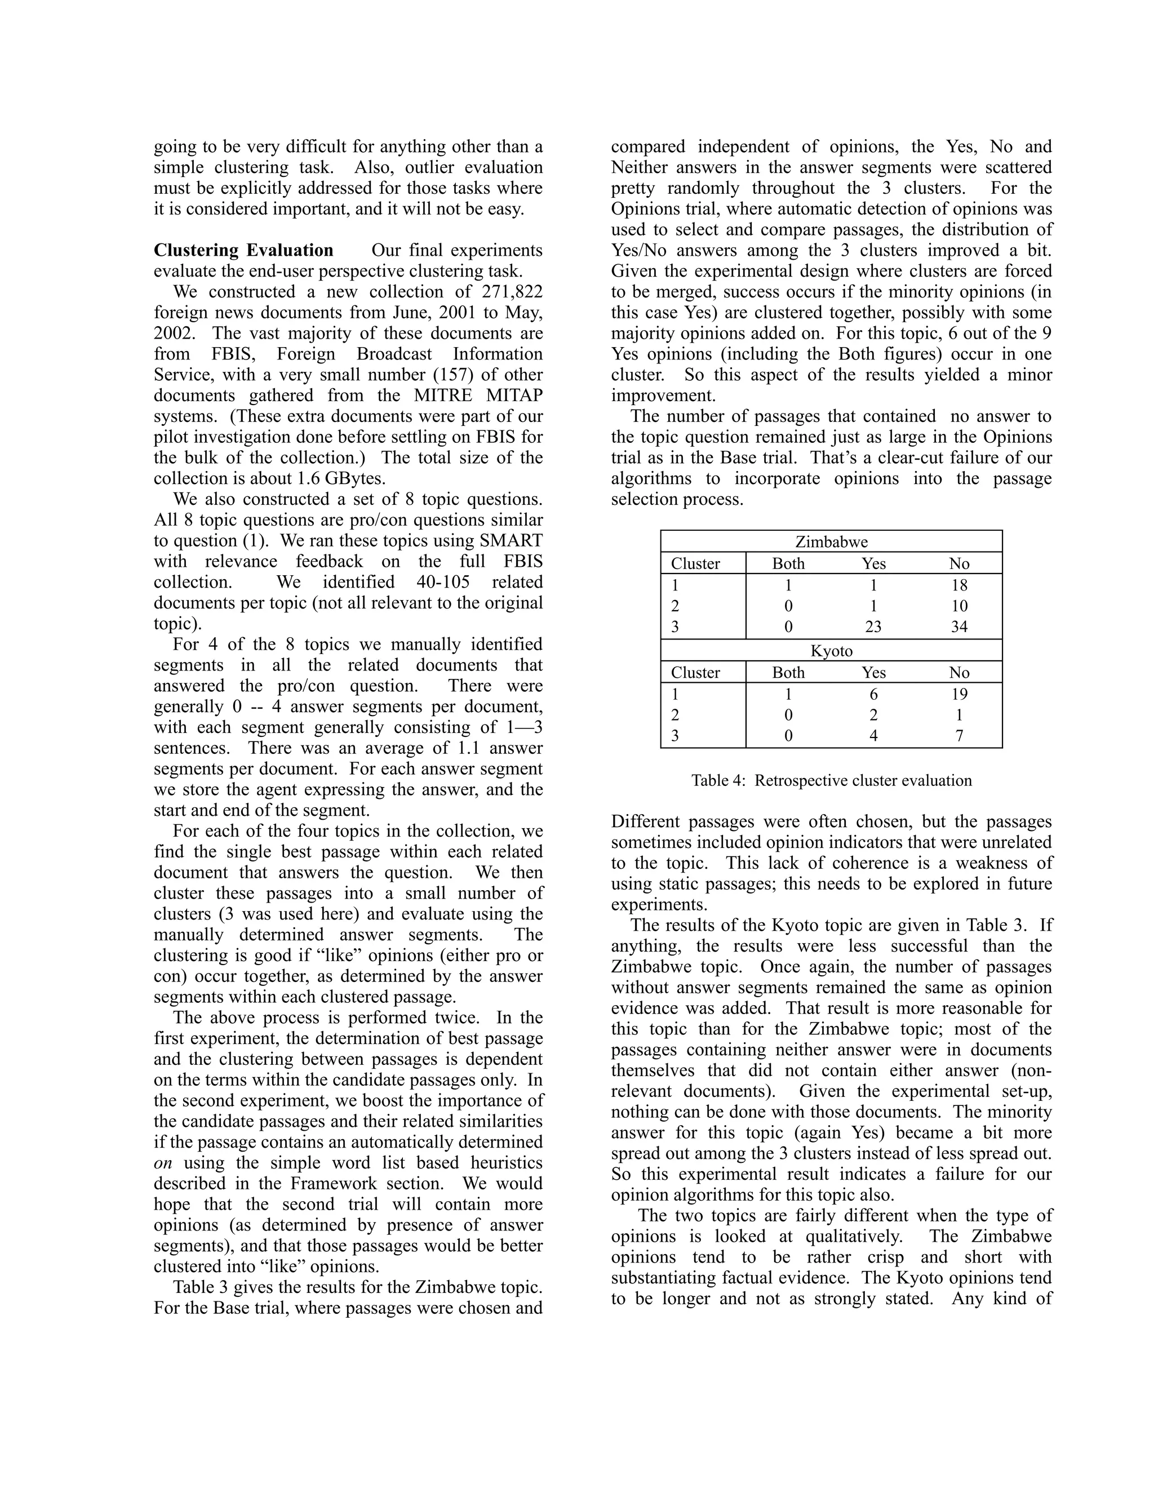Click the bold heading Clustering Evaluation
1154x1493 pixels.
pyautogui.click(x=243, y=250)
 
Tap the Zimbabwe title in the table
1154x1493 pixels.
pyautogui.click(x=831, y=542)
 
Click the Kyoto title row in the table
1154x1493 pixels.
pyautogui.click(x=831, y=651)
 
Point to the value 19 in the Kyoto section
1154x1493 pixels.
pyautogui.click(x=958, y=695)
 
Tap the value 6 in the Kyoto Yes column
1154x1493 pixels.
pyautogui.click(x=873, y=695)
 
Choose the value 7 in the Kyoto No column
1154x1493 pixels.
pyautogui.click(x=958, y=736)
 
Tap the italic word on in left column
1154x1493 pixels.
pyautogui.click(x=163, y=1163)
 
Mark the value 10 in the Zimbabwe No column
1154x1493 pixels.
pyautogui.click(x=958, y=606)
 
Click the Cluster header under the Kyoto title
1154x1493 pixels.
pyautogui.click(x=695, y=673)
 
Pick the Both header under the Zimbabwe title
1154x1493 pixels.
pyautogui.click(x=788, y=564)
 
